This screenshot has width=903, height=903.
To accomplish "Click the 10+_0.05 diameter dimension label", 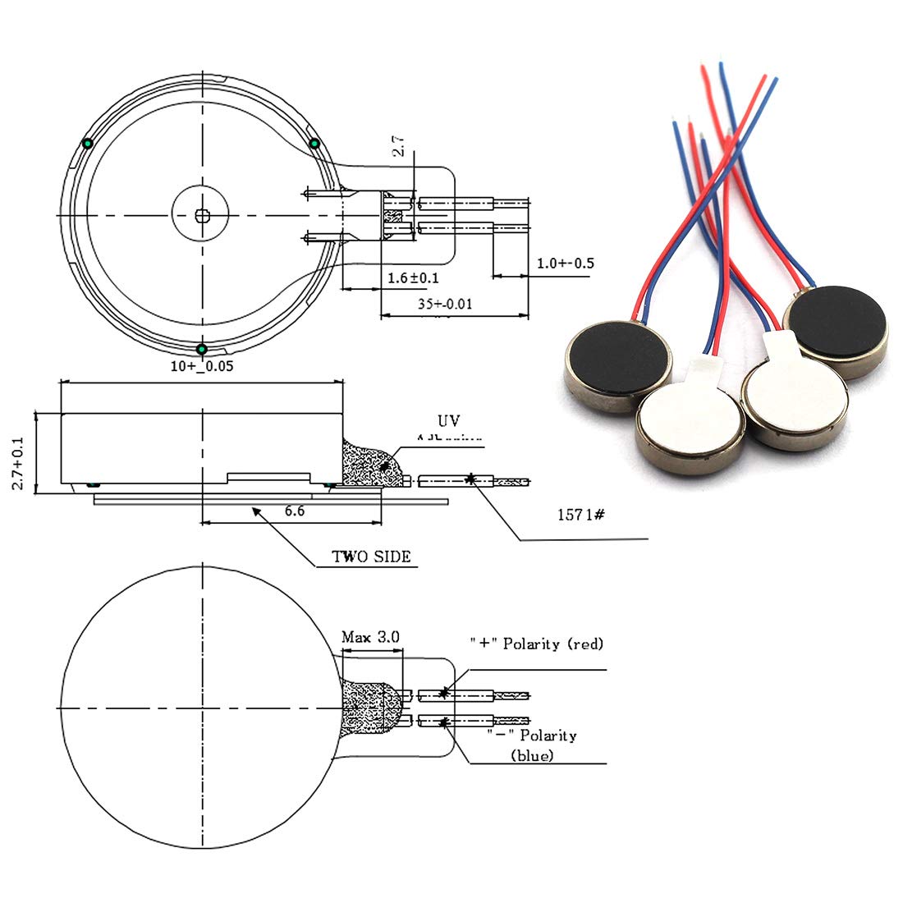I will click(x=202, y=366).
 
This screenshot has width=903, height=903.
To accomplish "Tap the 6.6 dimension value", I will click(x=295, y=511).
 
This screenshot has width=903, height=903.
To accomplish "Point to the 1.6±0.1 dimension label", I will click(x=412, y=278).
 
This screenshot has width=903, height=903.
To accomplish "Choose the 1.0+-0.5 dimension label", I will click(x=565, y=264).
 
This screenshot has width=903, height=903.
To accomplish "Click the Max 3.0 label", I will click(x=370, y=636).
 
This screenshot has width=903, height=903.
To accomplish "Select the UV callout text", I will click(x=448, y=421).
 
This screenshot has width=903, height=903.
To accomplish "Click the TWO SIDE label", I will click(x=371, y=557).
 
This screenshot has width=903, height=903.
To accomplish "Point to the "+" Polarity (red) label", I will click(x=536, y=644).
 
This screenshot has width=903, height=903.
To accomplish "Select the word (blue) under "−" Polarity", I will click(x=532, y=754).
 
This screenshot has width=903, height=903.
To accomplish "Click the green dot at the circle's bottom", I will click(x=201, y=350).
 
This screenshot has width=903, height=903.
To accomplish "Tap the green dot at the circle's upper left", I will click(x=87, y=144).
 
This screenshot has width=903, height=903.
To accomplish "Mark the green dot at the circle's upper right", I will click(x=314, y=144).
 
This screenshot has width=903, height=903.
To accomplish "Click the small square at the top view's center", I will click(x=202, y=215).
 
